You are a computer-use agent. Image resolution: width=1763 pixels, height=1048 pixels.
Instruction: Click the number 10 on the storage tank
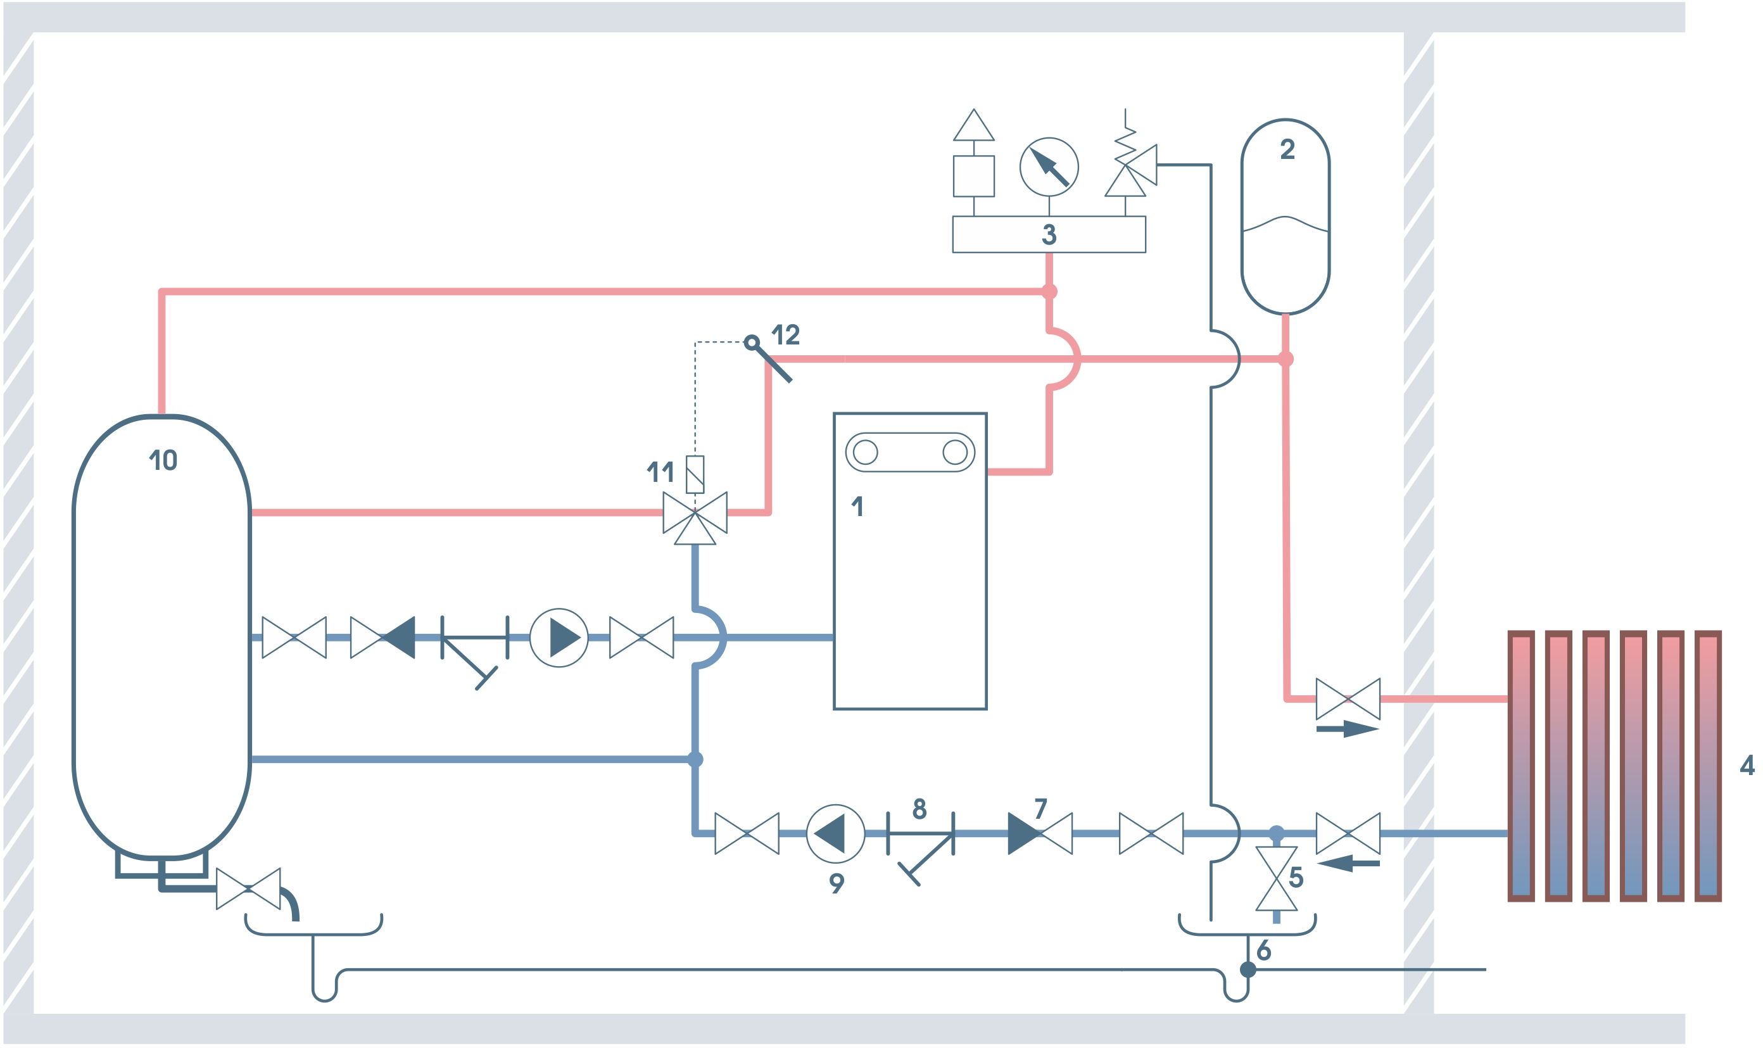coord(164,460)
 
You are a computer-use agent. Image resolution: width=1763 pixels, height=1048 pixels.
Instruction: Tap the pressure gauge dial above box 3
coord(1049,167)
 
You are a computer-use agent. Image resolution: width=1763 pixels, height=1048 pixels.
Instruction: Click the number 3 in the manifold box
coord(1049,234)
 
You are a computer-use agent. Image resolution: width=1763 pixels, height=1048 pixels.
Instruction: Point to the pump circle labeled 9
coord(835,834)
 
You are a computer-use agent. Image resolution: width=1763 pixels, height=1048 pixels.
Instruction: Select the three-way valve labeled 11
coord(695,514)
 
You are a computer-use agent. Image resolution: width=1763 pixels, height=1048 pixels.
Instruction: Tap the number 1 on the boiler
coord(858,507)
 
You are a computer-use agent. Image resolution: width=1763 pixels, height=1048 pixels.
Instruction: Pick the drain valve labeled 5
coord(1276,878)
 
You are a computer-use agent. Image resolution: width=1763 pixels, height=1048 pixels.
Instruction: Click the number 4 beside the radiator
coord(1747,765)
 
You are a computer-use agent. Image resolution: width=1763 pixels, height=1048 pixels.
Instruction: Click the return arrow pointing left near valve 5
coord(1346,863)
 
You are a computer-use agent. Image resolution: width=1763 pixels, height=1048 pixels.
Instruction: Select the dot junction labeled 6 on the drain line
coord(1248,969)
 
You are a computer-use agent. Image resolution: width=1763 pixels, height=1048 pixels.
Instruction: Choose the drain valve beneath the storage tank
coord(248,888)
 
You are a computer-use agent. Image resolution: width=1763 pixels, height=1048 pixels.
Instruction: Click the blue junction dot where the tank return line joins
coord(695,759)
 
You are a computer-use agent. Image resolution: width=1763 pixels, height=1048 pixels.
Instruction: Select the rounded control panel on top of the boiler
coord(909,452)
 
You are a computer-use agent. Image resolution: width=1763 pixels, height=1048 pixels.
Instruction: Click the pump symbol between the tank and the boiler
coord(559,638)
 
